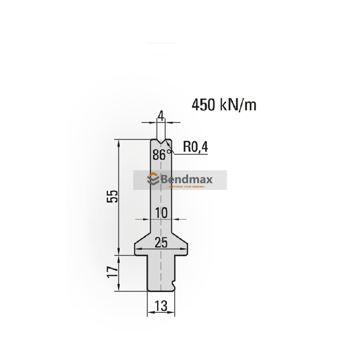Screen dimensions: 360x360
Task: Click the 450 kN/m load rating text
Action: (224, 105)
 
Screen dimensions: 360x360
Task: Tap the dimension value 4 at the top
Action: (160, 116)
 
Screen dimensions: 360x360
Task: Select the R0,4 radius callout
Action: (196, 147)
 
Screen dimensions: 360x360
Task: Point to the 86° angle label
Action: (162, 155)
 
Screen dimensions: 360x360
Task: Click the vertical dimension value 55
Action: (113, 197)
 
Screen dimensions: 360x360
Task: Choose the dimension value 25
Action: (161, 243)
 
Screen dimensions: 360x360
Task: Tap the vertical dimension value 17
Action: (113, 271)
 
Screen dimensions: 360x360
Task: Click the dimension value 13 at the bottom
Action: (161, 306)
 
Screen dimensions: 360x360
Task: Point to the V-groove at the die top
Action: (161, 142)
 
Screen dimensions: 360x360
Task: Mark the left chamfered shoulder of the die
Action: (143, 237)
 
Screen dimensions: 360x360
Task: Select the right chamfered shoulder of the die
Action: (179, 237)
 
